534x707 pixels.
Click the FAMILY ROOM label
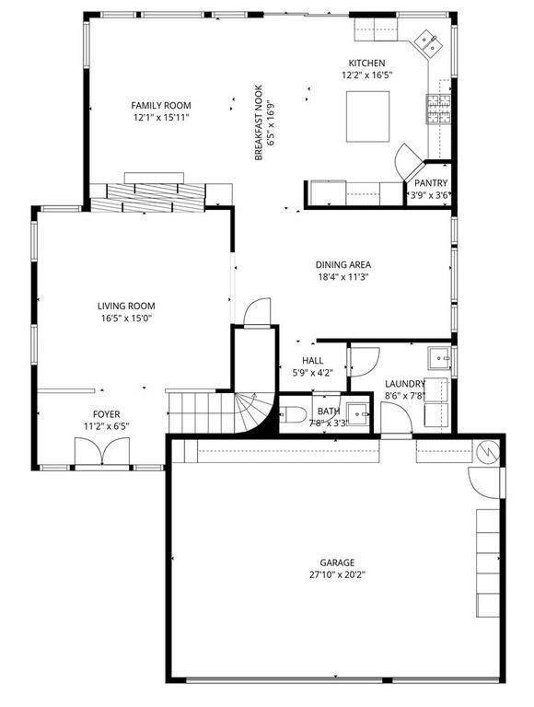pyautogui.click(x=160, y=106)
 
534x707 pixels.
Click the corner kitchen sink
pyautogui.click(x=427, y=41)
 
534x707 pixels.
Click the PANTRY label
pyautogui.click(x=430, y=183)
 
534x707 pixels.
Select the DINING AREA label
pyautogui.click(x=342, y=264)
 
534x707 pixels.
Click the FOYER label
pyautogui.click(x=106, y=414)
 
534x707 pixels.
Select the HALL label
pyautogui.click(x=312, y=362)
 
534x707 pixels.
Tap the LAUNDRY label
pyautogui.click(x=404, y=384)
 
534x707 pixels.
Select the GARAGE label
pyautogui.click(x=337, y=562)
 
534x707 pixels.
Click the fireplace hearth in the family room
pyautogui.click(x=153, y=195)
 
